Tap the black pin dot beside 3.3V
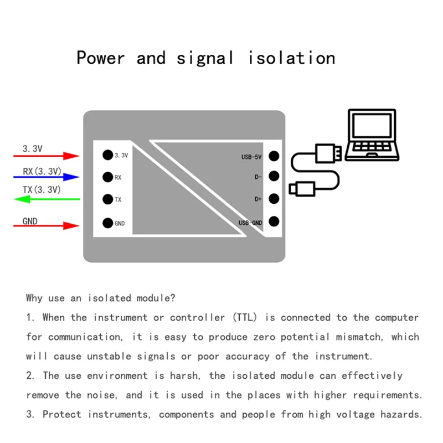[x=107, y=155]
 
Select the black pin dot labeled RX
[x=107, y=177]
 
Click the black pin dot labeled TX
[x=107, y=199]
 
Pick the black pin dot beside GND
[x=107, y=223]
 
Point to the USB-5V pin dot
[x=273, y=156]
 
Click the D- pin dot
[x=273, y=177]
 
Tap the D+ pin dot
[x=273, y=199]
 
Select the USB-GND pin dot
[x=273, y=222]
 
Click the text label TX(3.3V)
[x=42, y=189]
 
